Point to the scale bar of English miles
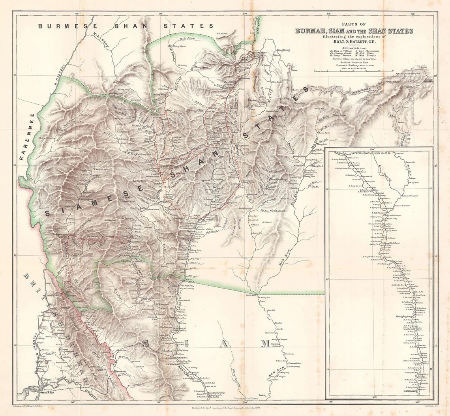pos(354,71)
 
